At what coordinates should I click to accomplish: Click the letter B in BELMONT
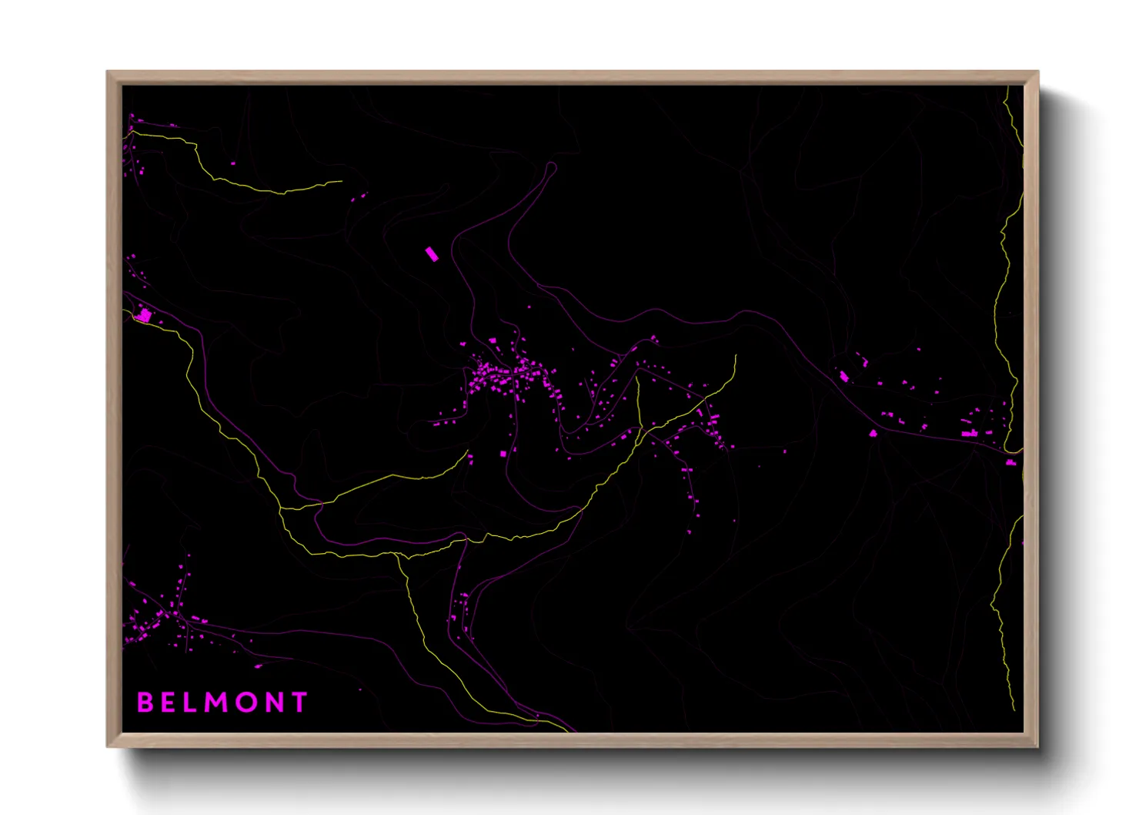pos(145,702)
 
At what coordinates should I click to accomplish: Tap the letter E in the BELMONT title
pos(169,702)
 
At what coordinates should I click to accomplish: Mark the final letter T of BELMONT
pos(299,702)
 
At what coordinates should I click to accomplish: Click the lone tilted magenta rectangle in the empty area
pos(432,254)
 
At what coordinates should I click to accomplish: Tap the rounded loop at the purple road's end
pos(550,169)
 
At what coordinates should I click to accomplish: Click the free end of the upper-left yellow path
pos(341,182)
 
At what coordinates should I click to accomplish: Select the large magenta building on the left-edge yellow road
pos(144,315)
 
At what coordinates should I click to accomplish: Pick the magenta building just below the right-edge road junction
pos(1010,462)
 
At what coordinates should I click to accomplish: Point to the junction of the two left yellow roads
pos(282,508)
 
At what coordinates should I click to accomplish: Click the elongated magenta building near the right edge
pos(970,434)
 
